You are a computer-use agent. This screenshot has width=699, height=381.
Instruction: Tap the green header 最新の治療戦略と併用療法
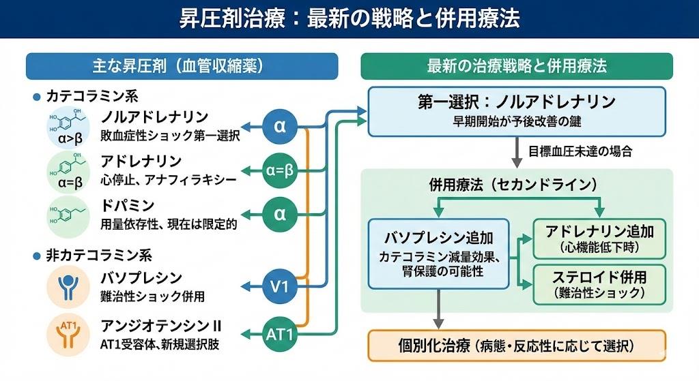[516, 66]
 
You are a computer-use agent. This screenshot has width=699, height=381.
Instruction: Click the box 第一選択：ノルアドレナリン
[516, 111]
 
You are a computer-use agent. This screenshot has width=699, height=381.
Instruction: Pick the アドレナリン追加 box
[599, 239]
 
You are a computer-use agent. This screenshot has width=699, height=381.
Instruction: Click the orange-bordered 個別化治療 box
[516, 346]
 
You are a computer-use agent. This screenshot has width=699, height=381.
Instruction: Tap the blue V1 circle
[280, 287]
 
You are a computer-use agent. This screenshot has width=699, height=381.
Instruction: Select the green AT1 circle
[280, 335]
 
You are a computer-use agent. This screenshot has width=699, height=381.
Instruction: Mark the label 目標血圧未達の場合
[580, 151]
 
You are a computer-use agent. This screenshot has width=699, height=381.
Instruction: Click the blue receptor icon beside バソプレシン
[68, 286]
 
